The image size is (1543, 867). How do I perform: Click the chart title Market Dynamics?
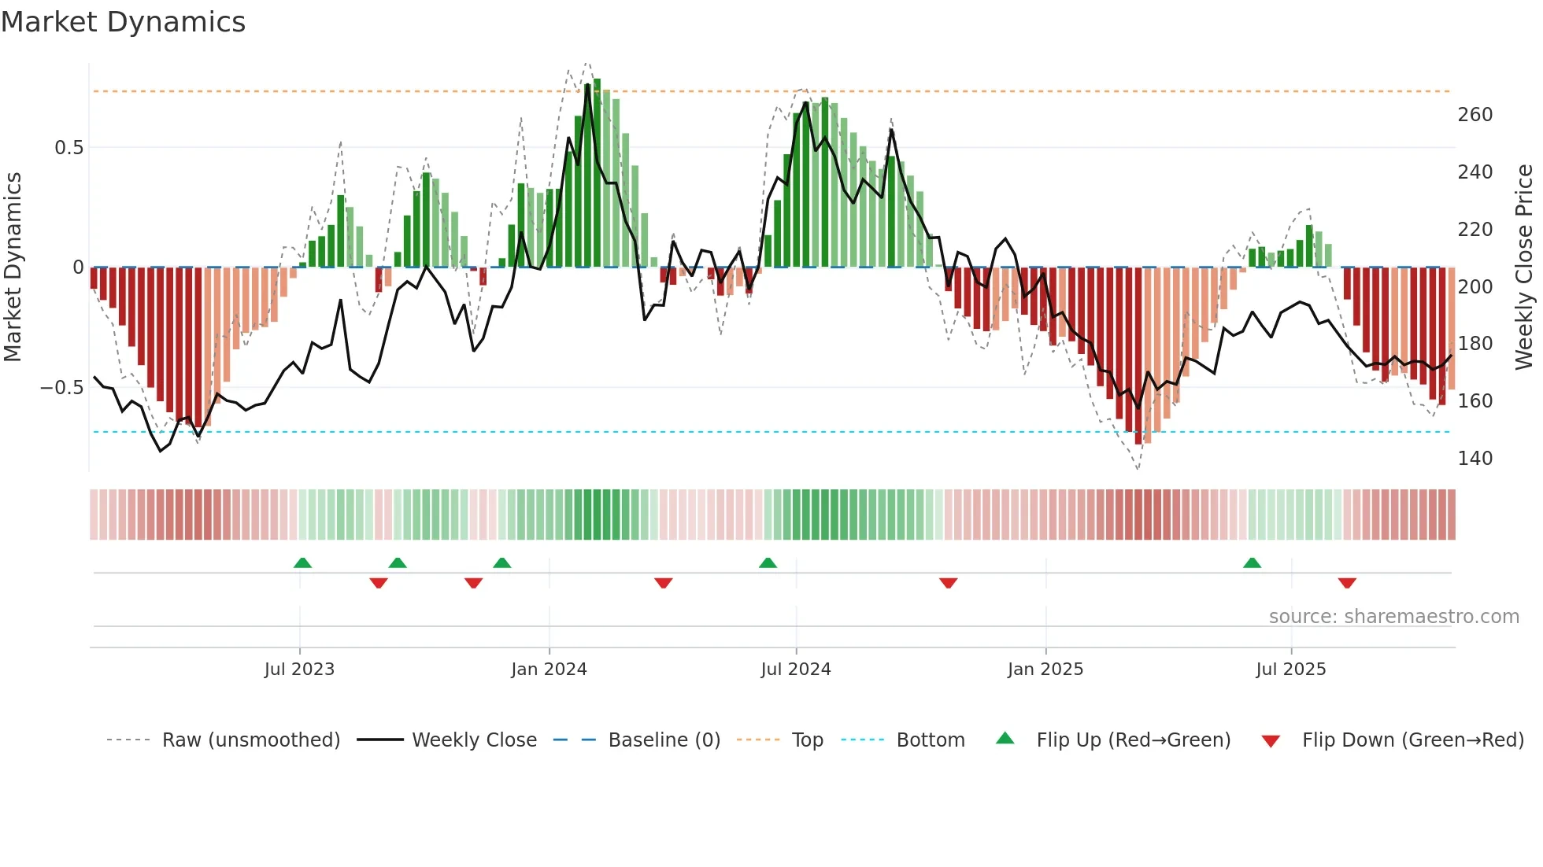click(123, 22)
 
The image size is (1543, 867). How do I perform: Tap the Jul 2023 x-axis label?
click(299, 670)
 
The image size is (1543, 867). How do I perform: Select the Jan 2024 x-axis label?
click(549, 670)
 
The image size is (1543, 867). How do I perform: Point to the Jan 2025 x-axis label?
click(1045, 670)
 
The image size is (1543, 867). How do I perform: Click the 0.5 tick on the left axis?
click(68, 148)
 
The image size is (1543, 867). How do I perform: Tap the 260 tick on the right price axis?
click(1475, 115)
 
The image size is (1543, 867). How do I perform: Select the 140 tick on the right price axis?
click(1475, 459)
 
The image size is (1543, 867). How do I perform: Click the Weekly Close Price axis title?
click(1524, 267)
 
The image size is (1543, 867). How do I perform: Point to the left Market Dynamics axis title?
click(13, 267)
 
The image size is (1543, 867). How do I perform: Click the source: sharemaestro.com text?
click(1393, 617)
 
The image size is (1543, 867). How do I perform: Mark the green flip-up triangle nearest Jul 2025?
click(1252, 563)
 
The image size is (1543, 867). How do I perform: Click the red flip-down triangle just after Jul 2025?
click(1347, 583)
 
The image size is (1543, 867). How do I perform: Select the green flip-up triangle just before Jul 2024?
click(768, 563)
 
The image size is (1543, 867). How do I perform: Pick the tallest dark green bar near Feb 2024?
click(597, 173)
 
